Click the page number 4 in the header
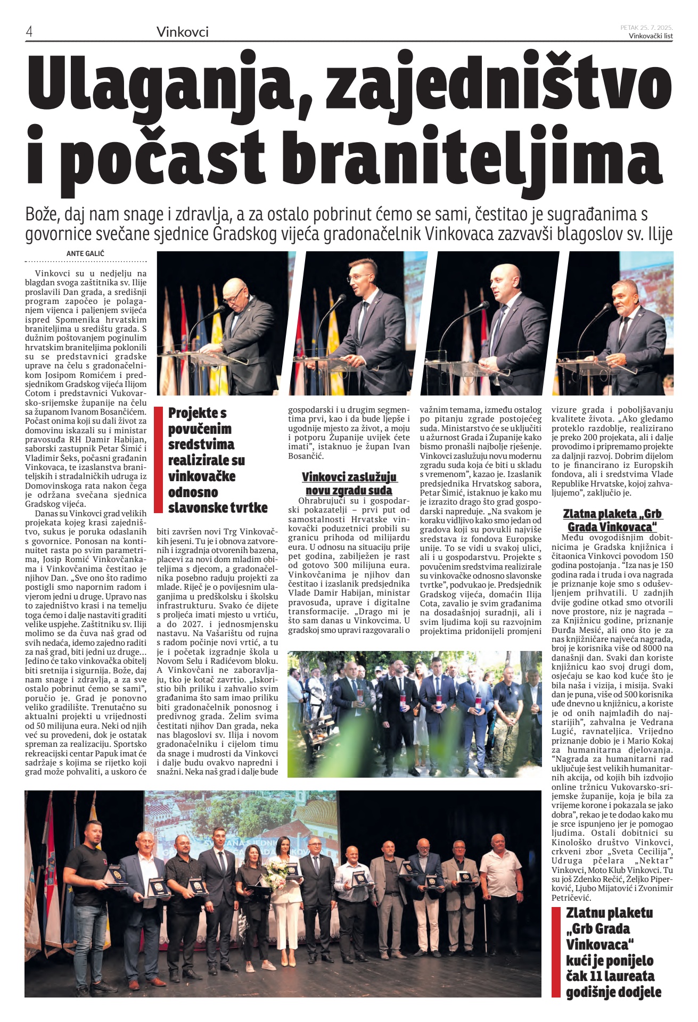click(29, 32)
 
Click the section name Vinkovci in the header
click(182, 32)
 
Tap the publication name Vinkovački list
click(650, 36)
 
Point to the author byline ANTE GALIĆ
click(85, 253)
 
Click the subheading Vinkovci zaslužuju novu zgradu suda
click(349, 483)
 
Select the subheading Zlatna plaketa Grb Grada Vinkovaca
click(612, 520)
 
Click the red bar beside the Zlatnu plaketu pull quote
click(556, 952)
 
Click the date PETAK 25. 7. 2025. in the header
click(646, 27)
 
